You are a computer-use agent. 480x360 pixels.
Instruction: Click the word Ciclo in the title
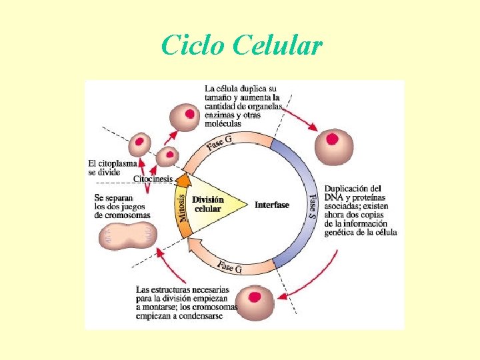point(193,46)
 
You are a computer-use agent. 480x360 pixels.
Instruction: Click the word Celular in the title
point(279,46)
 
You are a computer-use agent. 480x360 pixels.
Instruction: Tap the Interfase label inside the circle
point(272,205)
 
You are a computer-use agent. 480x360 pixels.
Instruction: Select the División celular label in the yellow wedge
point(208,204)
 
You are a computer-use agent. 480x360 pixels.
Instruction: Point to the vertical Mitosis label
point(182,207)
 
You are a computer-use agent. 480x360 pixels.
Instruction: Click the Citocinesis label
point(153,179)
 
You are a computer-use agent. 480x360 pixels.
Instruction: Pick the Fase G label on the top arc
point(219,143)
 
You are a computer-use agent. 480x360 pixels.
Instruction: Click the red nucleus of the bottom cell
point(255,297)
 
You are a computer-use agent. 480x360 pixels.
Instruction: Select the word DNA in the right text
point(333,197)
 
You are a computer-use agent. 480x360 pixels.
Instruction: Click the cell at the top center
point(189,117)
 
